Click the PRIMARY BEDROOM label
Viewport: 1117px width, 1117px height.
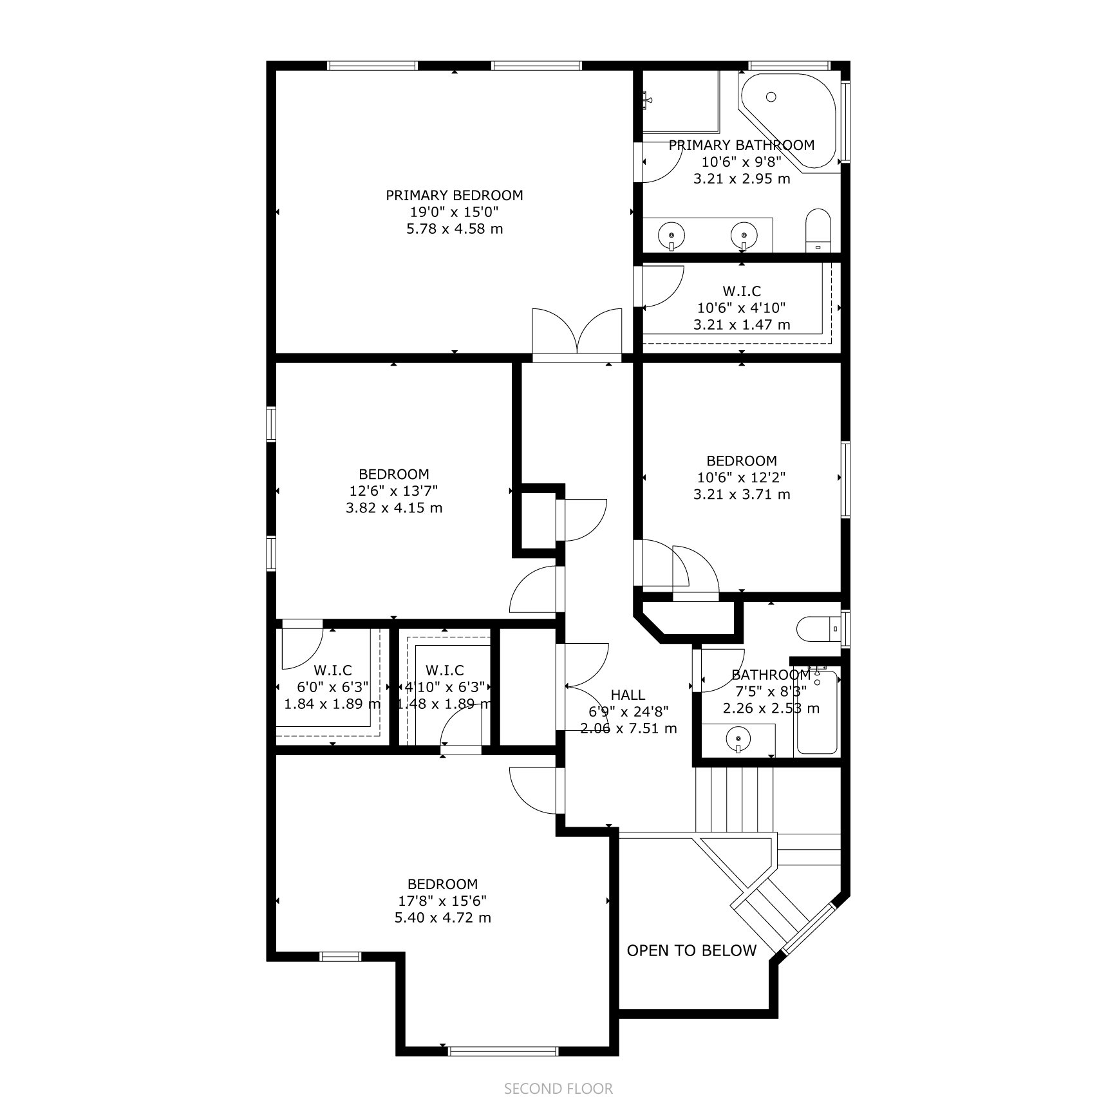pyautogui.click(x=454, y=195)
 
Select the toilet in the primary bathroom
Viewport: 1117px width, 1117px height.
pyautogui.click(x=818, y=230)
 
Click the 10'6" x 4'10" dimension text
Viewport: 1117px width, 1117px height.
pyautogui.click(x=742, y=308)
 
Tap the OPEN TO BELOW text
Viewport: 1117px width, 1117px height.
pyautogui.click(x=691, y=950)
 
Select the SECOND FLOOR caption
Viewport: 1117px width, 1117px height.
pyautogui.click(x=558, y=1089)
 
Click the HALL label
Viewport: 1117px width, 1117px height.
pyautogui.click(x=628, y=695)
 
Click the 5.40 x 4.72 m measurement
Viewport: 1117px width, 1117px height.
pyautogui.click(x=442, y=917)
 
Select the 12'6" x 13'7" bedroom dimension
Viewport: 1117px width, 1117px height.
pyautogui.click(x=393, y=491)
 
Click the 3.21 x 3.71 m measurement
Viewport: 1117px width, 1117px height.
pyautogui.click(x=742, y=494)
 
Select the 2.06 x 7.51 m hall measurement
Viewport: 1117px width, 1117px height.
pyautogui.click(x=628, y=729)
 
